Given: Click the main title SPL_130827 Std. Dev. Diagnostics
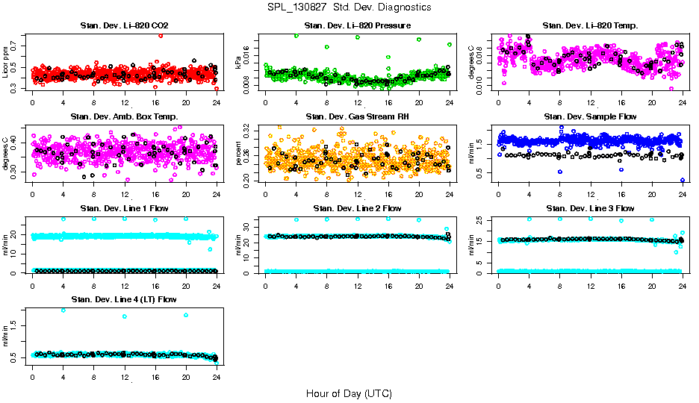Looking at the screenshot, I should coord(349,7).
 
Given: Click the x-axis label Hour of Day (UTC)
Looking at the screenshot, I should coord(349,393).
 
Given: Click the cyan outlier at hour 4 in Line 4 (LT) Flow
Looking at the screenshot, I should coord(63,310).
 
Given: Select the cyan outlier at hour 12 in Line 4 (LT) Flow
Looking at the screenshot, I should coord(124,316).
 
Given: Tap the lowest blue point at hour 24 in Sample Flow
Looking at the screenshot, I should coord(683,180).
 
